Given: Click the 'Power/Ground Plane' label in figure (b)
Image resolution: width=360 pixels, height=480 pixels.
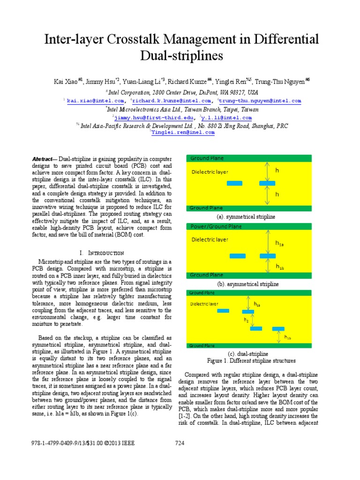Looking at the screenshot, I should (x=216, y=226).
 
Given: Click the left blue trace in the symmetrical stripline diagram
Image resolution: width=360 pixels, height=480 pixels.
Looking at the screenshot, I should (x=234, y=183).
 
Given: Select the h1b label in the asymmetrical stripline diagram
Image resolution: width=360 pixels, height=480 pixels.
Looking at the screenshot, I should (x=279, y=267).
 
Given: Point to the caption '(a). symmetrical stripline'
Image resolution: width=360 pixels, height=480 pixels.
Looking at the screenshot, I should (x=246, y=217).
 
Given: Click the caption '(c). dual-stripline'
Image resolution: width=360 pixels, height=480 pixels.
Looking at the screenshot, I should (x=248, y=353).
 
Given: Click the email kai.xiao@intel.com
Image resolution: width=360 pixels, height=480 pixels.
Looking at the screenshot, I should (x=95, y=101).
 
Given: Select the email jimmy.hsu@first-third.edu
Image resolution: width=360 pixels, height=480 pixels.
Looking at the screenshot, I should (x=146, y=118).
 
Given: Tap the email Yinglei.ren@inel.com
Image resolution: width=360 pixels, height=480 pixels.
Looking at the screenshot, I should (x=183, y=133).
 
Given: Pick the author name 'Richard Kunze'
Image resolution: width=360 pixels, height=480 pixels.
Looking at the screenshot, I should (x=186, y=81).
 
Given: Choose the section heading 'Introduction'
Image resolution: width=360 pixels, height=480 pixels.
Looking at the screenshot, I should (x=105, y=253).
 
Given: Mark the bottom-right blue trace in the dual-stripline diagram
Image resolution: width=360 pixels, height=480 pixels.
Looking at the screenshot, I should (x=278, y=329).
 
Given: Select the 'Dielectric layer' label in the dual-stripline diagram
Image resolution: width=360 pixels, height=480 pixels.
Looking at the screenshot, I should (x=204, y=304).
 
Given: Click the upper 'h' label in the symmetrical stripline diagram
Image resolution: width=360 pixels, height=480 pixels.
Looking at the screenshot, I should (x=277, y=171).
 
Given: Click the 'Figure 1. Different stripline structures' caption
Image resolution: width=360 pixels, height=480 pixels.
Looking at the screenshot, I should (x=251, y=361).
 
